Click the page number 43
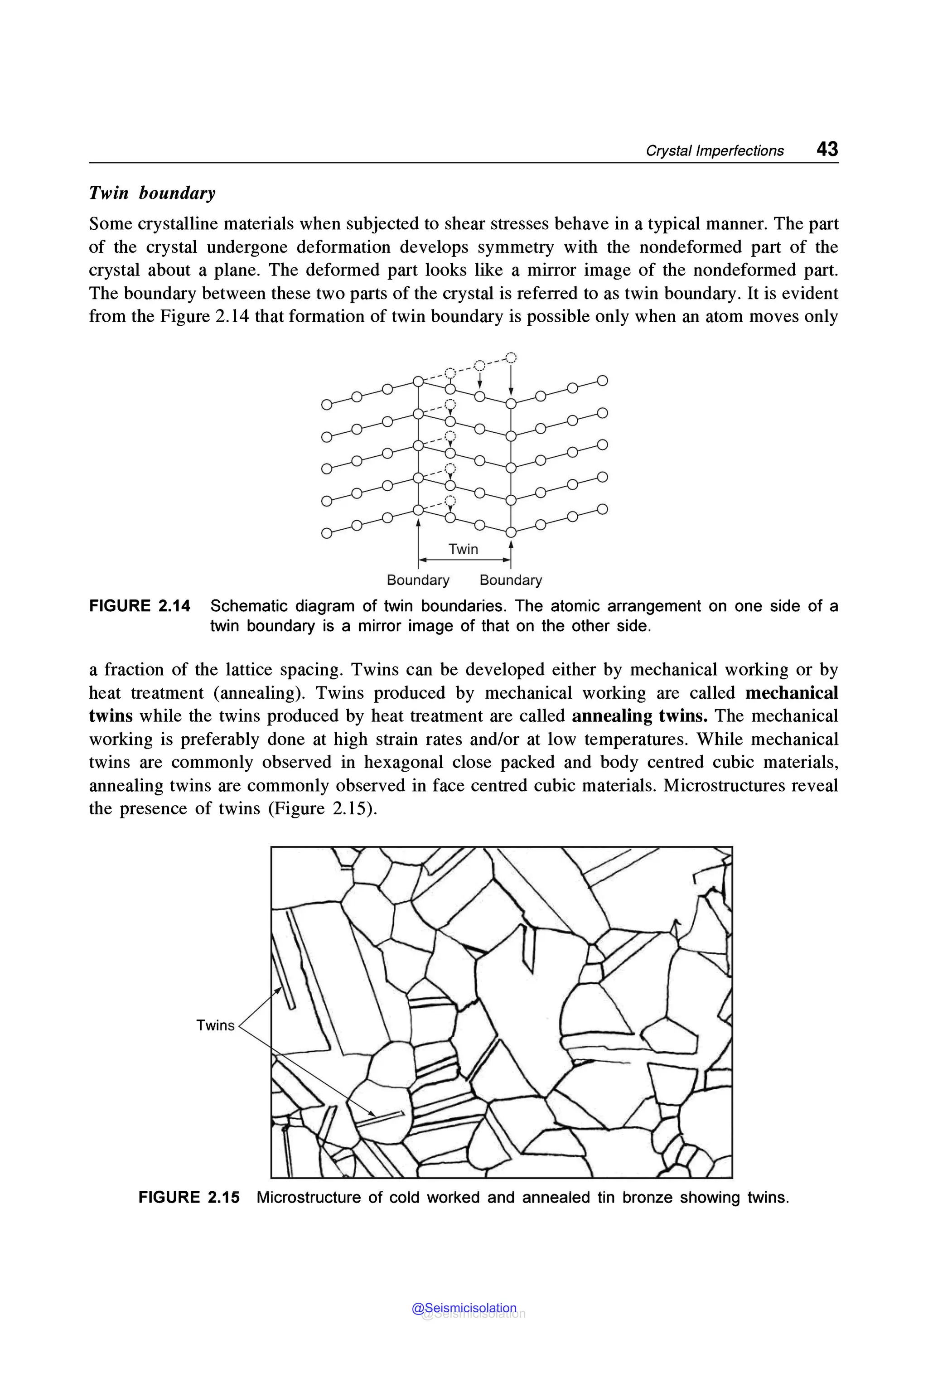coord(827,149)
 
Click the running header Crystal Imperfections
coord(714,151)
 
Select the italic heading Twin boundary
coord(152,193)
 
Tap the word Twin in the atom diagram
coord(463,549)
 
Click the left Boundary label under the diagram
coord(418,580)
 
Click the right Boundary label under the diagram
coord(510,580)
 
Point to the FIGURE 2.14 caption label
coord(140,606)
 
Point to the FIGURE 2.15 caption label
coord(189,1197)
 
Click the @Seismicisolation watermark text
coord(464,1309)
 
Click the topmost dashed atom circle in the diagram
coord(511,357)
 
